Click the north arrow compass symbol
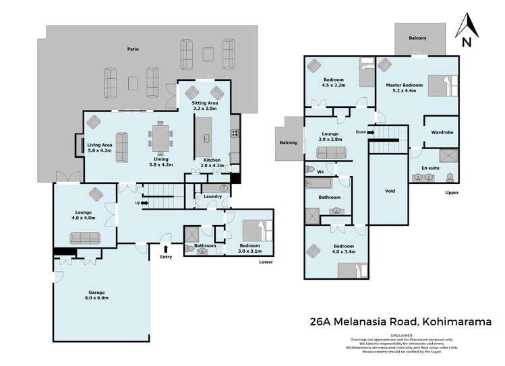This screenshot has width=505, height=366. [465, 28]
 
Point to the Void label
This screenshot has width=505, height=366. [389, 191]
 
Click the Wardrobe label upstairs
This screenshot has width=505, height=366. [442, 133]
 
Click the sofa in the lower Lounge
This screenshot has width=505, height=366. [84, 237]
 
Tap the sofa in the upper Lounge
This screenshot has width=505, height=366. [330, 153]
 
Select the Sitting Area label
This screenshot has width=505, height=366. [205, 105]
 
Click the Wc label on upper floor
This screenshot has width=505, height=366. [321, 172]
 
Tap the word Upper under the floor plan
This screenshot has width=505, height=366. [452, 193]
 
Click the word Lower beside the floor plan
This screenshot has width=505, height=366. [266, 262]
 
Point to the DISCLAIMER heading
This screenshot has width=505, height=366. [400, 334]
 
